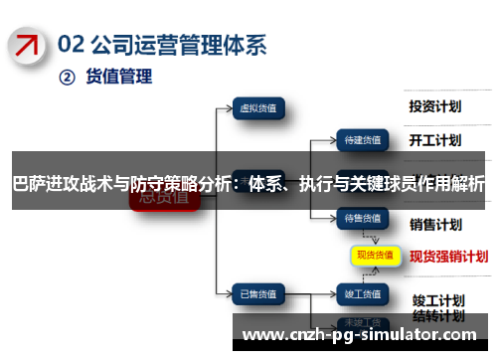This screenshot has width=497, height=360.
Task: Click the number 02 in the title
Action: (x=71, y=45)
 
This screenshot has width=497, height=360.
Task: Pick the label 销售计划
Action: (x=434, y=223)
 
